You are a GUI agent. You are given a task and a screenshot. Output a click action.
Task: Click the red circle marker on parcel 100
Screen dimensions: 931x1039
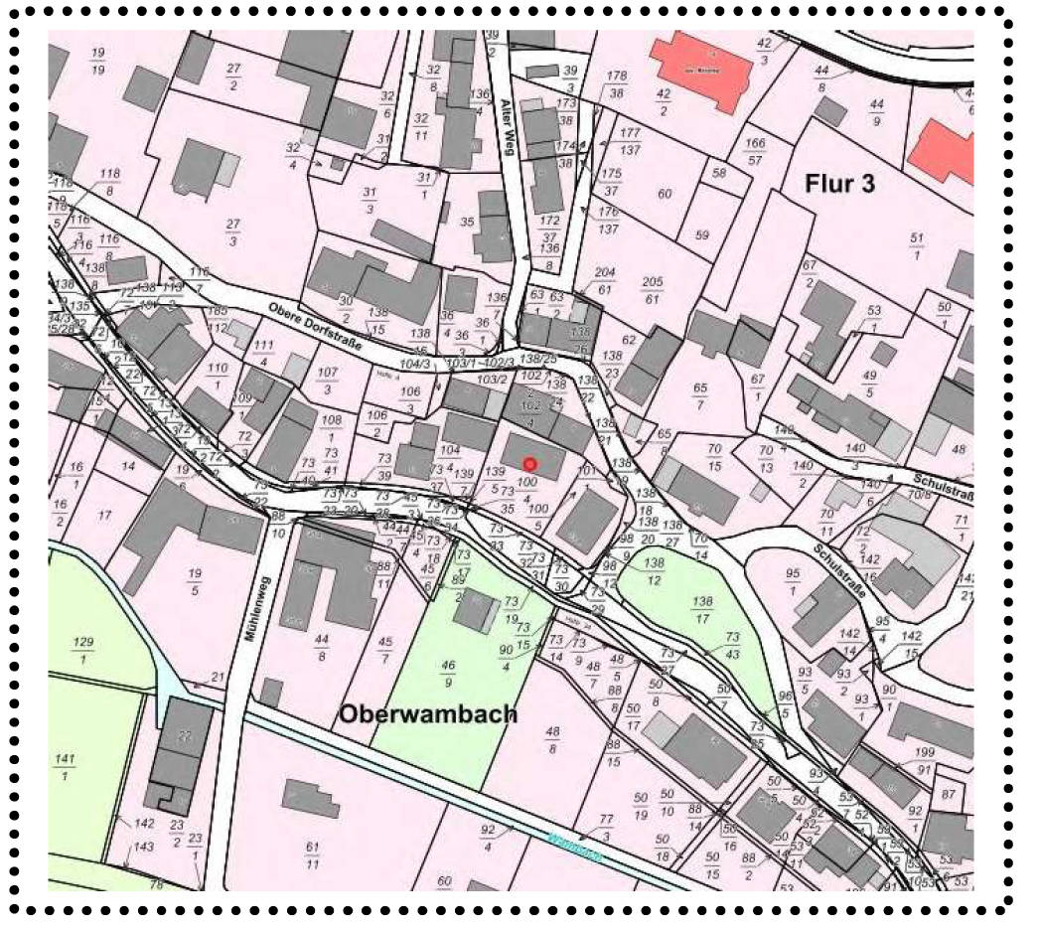pos(530,463)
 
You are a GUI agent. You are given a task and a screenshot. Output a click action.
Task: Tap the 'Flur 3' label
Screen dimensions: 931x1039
pos(839,183)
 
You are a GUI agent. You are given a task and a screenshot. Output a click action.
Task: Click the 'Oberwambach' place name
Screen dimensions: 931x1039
pos(428,714)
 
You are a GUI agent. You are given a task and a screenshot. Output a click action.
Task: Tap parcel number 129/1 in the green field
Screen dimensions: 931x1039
pos(83,651)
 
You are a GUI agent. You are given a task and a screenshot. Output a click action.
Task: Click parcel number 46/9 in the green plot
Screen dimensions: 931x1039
pos(449,674)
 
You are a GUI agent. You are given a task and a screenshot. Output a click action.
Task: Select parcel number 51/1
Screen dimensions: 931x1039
pos(916,245)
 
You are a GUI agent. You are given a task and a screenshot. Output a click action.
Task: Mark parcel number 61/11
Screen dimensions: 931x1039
pos(312,854)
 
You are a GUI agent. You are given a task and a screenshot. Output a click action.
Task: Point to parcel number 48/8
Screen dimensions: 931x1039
pos(553,741)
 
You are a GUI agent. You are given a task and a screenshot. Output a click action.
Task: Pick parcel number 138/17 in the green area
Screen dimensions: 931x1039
pos(703,609)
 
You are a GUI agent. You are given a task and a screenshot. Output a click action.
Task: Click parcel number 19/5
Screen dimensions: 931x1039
pos(195,581)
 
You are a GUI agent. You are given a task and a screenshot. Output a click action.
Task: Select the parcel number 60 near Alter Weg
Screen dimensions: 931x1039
pos(665,194)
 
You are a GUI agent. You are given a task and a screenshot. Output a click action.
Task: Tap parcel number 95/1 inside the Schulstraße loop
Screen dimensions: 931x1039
pos(792,581)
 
